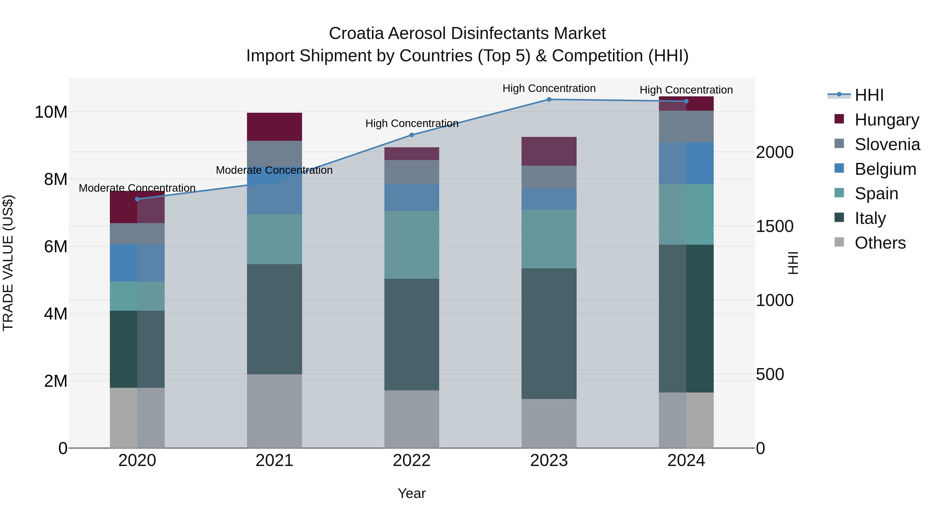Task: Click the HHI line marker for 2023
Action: point(549,99)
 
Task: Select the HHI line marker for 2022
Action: point(412,135)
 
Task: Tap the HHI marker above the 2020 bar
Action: point(137,199)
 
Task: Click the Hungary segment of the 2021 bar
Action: point(275,127)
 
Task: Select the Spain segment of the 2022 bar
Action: point(412,245)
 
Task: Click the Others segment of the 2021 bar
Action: point(275,411)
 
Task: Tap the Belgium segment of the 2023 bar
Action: point(549,199)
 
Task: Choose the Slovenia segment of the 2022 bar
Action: point(412,172)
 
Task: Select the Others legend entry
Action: point(880,243)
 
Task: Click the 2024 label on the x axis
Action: point(686,461)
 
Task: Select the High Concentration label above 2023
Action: point(549,88)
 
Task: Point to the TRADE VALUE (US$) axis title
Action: point(8,263)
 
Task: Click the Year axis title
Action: point(412,493)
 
